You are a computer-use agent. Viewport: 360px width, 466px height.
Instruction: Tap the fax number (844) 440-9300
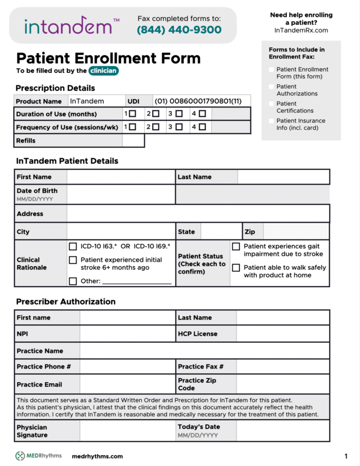[179, 30]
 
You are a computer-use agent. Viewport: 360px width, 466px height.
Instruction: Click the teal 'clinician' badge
[104, 71]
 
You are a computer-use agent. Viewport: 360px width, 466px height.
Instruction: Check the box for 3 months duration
[179, 114]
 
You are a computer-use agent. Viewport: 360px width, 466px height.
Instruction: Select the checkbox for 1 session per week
[132, 127]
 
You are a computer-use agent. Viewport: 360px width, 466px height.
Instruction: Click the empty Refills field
[133, 141]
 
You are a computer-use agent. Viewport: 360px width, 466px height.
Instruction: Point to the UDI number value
[198, 101]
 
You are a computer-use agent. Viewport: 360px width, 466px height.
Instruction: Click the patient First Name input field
[121, 177]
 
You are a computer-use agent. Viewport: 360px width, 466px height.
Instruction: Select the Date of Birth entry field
[121, 195]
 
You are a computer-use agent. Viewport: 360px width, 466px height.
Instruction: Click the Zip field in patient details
[296, 232]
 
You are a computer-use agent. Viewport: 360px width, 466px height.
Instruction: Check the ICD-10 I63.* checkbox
[73, 247]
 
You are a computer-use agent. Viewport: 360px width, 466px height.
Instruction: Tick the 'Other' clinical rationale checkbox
[73, 281]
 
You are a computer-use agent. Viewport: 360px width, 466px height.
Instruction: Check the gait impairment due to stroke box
[236, 247]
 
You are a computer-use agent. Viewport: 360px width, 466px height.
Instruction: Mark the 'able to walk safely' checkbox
[236, 268]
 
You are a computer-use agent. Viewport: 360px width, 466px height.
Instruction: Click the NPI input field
[127, 334]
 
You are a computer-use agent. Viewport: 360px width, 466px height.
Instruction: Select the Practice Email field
[127, 385]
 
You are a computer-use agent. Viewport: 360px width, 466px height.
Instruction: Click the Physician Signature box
[127, 431]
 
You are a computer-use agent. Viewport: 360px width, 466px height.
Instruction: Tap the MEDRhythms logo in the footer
[38, 456]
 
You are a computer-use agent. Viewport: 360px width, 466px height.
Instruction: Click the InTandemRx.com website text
[301, 30]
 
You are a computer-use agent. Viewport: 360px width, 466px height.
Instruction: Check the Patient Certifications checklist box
[272, 104]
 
